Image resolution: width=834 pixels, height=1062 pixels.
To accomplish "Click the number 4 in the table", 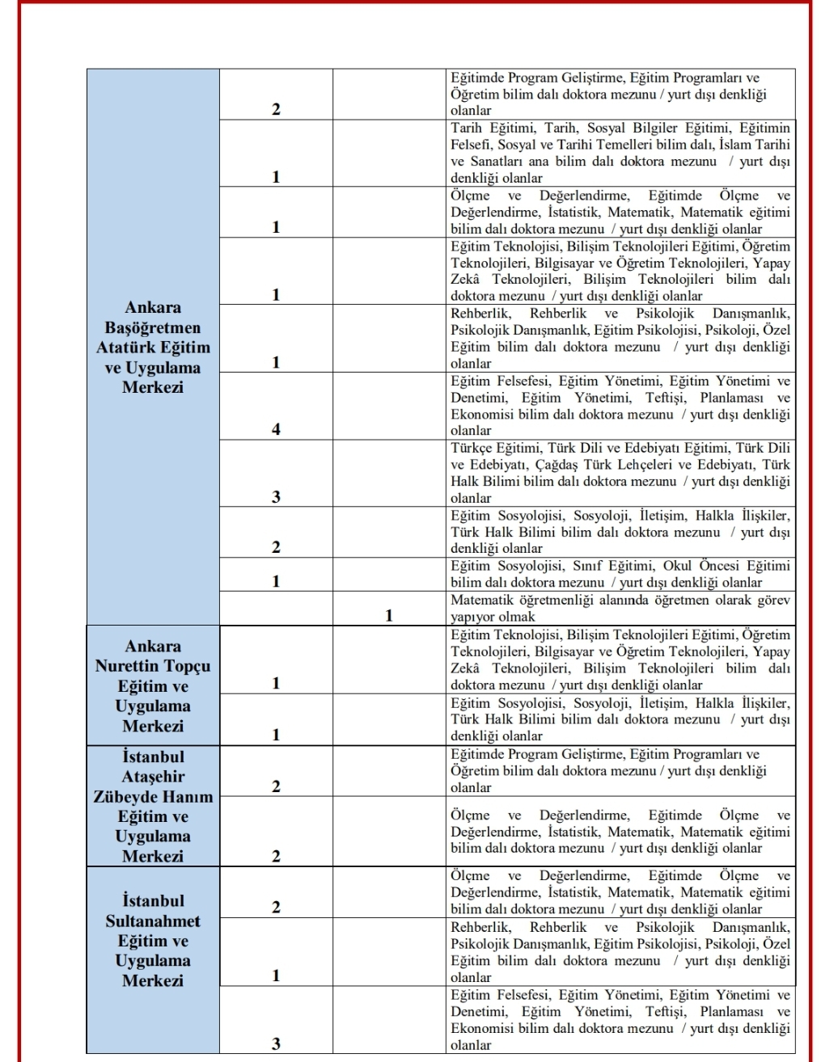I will click(x=276, y=429).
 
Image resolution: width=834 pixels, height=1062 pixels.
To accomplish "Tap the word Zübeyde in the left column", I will click(x=125, y=796).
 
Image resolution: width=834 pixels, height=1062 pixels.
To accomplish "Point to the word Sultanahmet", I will click(x=153, y=921).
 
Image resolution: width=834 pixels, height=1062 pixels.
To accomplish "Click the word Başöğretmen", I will click(x=153, y=327).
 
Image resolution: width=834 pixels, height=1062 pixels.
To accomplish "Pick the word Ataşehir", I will click(x=153, y=777).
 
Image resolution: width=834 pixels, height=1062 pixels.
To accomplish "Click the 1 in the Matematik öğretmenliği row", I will click(x=389, y=616).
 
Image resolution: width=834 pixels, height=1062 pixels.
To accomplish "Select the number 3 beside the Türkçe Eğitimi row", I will click(x=276, y=497).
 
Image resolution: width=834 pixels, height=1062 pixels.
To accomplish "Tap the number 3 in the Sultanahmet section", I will click(x=276, y=1043).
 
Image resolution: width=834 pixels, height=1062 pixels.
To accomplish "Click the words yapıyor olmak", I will click(x=493, y=617).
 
